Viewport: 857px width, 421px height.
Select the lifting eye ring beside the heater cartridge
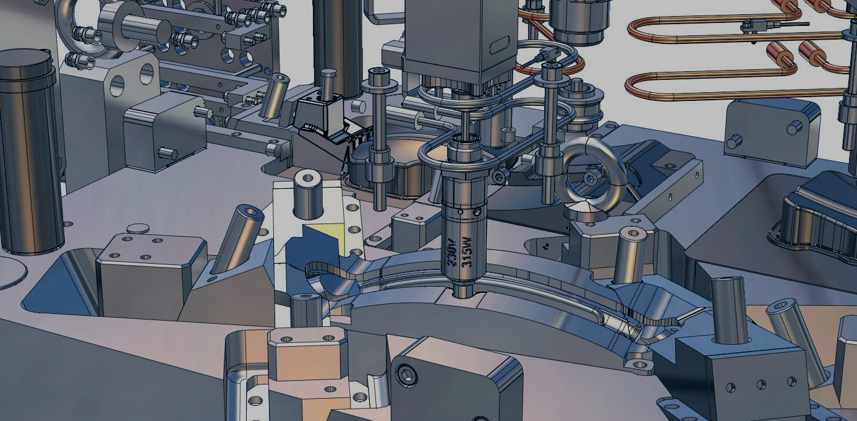click(591, 175)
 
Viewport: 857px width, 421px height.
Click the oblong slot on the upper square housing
click(500, 45)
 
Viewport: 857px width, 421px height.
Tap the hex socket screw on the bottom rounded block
click(406, 373)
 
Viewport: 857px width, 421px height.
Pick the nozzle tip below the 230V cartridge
click(462, 290)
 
